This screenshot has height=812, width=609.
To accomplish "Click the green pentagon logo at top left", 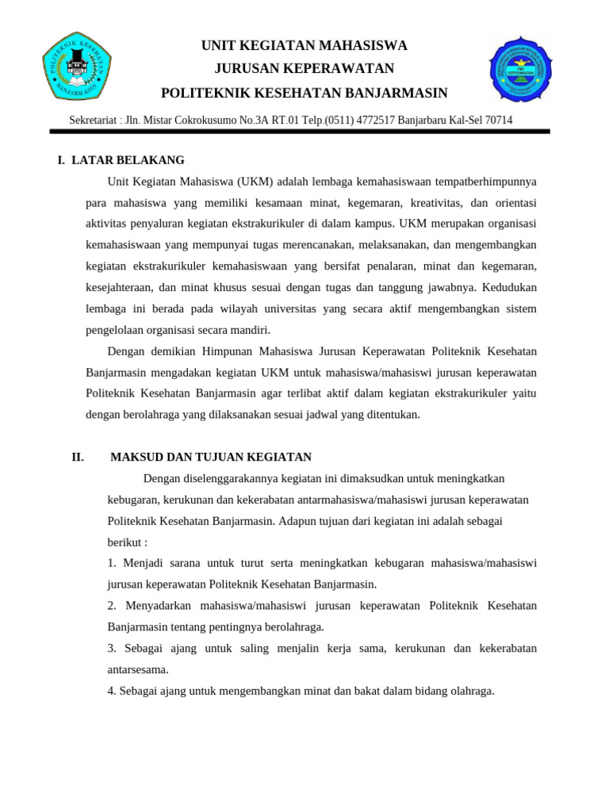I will pos(77,66).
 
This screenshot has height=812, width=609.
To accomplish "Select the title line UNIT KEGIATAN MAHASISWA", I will pos(304,45).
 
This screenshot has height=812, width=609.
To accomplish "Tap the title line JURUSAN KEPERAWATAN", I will pos(304,69).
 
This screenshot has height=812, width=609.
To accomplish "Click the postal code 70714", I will pos(498,121).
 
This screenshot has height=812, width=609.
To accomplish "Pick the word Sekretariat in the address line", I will pos(93,121).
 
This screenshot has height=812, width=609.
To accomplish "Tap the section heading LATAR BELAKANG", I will pos(128,160).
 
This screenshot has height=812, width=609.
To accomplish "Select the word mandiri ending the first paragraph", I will pos(251,330).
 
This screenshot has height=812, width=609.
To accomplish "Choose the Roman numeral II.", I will pos(78,457).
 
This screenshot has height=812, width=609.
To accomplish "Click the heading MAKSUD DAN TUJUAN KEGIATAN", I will pos(211,457).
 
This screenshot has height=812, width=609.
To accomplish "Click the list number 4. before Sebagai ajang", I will pos(112,691).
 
